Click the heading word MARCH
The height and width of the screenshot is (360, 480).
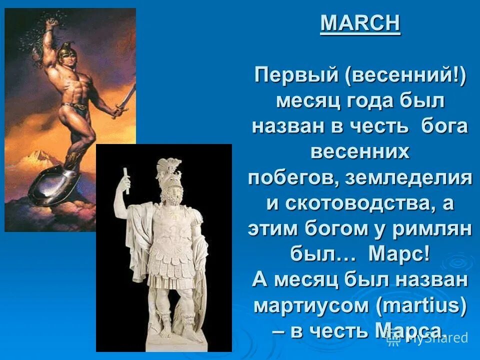pos(360,23)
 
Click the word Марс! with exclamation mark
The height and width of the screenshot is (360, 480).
pos(398,254)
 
